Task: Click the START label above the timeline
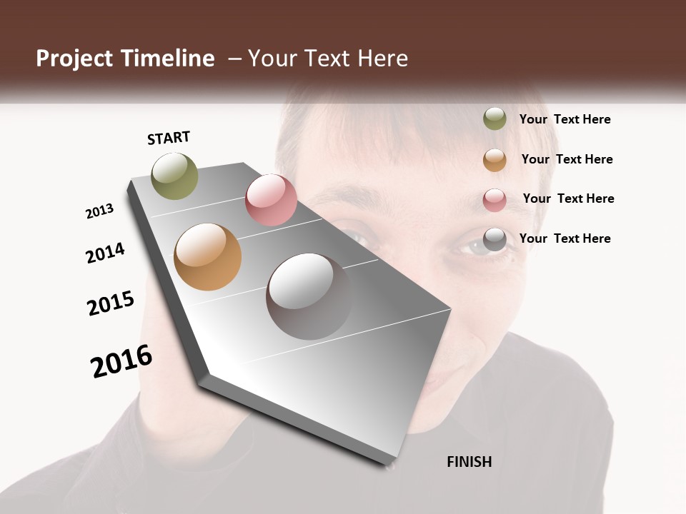pyautogui.click(x=169, y=138)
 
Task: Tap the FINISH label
pyautogui.click(x=469, y=462)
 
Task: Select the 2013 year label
pyautogui.click(x=99, y=211)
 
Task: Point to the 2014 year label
pyautogui.click(x=105, y=253)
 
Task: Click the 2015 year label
pyautogui.click(x=111, y=303)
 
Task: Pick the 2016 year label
pyautogui.click(x=121, y=361)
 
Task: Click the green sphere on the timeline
pyautogui.click(x=175, y=176)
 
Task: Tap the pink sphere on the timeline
pyautogui.click(x=271, y=200)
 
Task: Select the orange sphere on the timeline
pyautogui.click(x=208, y=257)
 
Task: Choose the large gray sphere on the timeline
pyautogui.click(x=309, y=296)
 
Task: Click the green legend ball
pyautogui.click(x=494, y=119)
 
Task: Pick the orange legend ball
pyautogui.click(x=494, y=160)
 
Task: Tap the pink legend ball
pyautogui.click(x=494, y=200)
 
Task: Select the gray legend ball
pyautogui.click(x=494, y=240)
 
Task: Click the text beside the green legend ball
pyautogui.click(x=565, y=119)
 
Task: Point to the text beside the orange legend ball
pyautogui.click(x=567, y=159)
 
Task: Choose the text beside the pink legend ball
pyautogui.click(x=568, y=198)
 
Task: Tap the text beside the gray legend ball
pyautogui.click(x=565, y=238)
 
